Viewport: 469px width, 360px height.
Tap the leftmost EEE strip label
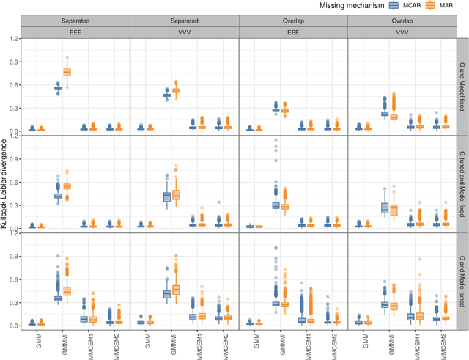click(x=75, y=32)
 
